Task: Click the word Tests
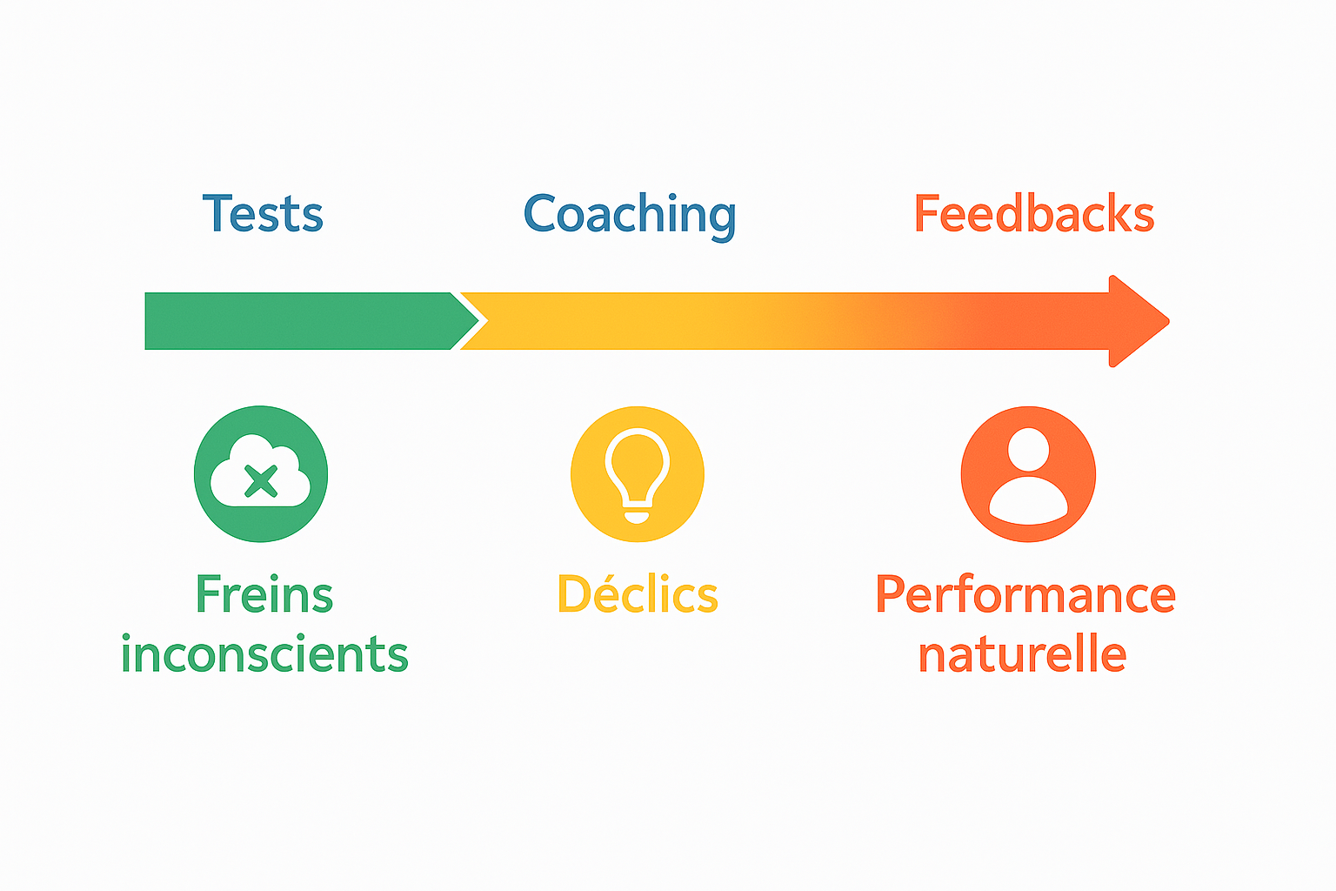[263, 214]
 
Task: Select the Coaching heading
[630, 214]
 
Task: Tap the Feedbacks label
[1033, 214]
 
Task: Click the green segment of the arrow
[296, 321]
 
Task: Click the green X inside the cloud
[260, 480]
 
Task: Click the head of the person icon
[1029, 449]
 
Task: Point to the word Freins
[264, 595]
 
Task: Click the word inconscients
[264, 654]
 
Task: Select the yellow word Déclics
[638, 595]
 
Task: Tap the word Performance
[1025, 595]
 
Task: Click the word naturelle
[1022, 654]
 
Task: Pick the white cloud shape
[228, 484]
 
